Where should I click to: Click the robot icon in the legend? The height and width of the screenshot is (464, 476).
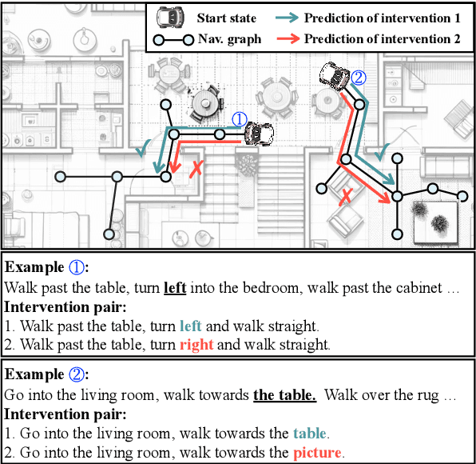tap(168, 17)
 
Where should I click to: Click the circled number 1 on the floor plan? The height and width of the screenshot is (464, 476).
tap(239, 119)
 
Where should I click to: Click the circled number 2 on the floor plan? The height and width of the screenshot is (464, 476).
tap(358, 78)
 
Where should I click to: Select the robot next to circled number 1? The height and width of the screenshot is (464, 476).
tap(258, 134)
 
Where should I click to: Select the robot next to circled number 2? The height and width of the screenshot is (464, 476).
tap(334, 77)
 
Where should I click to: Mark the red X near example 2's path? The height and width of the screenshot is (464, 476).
tap(347, 197)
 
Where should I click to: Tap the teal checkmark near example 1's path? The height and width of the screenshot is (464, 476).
tap(145, 147)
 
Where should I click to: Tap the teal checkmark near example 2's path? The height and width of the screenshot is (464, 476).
tap(383, 150)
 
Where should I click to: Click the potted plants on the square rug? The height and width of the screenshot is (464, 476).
tap(434, 215)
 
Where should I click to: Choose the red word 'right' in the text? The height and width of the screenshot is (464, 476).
tap(195, 345)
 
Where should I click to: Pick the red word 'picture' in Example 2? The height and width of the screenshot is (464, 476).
tap(319, 452)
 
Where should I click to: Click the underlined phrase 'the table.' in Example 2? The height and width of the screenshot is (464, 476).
tap(284, 395)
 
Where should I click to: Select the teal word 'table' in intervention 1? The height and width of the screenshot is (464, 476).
tap(309, 434)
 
